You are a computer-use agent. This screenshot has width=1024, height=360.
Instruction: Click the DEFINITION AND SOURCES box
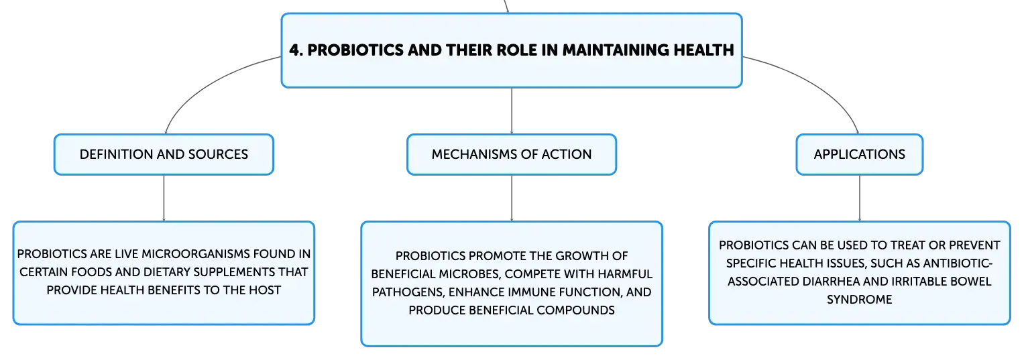164,154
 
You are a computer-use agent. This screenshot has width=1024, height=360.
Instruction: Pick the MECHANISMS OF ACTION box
512,154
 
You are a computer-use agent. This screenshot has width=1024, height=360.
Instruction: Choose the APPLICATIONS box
860,154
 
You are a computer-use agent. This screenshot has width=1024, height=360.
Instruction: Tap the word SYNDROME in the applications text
860,300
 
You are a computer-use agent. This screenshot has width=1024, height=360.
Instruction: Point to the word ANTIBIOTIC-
958,263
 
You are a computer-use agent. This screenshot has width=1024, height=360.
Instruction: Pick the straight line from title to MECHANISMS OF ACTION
512,111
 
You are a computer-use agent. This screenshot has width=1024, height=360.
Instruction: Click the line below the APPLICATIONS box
860,198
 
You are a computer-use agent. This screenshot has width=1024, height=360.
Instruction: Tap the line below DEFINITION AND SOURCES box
164,198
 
